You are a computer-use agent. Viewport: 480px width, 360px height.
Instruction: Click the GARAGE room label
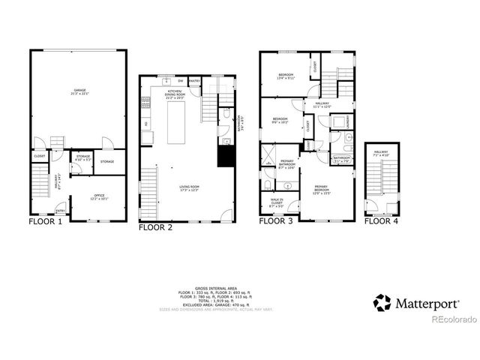80,91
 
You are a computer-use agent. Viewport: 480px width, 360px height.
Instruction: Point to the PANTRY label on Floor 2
194,80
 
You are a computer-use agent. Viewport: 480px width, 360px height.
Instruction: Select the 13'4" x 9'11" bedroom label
286,76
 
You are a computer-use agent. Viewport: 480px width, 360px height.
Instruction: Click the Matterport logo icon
383,304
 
